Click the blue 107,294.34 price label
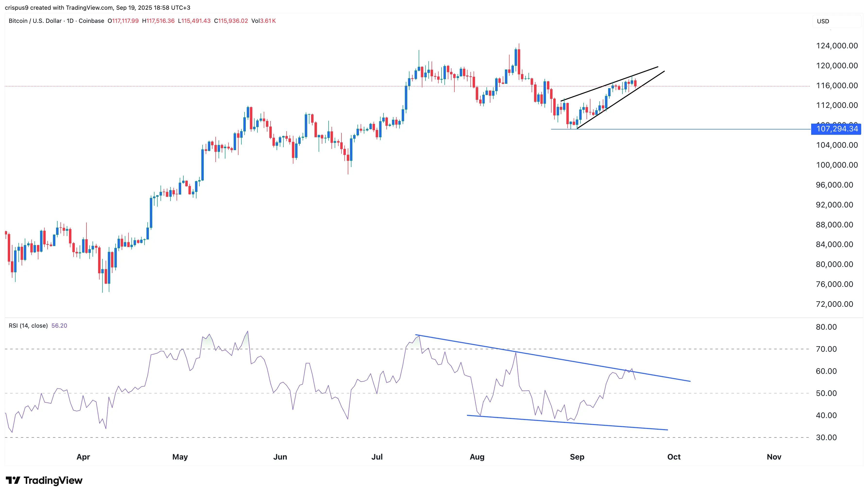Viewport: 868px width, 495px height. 836,129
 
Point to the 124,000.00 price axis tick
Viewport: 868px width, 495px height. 837,46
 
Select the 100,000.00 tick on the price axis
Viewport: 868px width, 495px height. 837,165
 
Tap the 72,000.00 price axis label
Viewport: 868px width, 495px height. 834,304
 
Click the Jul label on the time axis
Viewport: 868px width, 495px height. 377,457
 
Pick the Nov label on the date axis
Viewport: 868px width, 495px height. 774,457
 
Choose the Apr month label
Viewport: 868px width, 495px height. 83,457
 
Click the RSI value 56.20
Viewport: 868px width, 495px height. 59,325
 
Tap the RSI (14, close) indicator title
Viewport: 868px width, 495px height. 28,325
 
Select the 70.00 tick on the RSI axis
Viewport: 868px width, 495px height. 826,349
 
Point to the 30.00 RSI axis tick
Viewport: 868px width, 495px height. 826,437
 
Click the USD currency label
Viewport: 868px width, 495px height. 823,21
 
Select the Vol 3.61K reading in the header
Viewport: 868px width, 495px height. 264,21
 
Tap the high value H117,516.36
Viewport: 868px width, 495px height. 158,21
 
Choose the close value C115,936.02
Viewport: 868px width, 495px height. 231,21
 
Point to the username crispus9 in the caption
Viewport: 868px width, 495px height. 17,8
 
